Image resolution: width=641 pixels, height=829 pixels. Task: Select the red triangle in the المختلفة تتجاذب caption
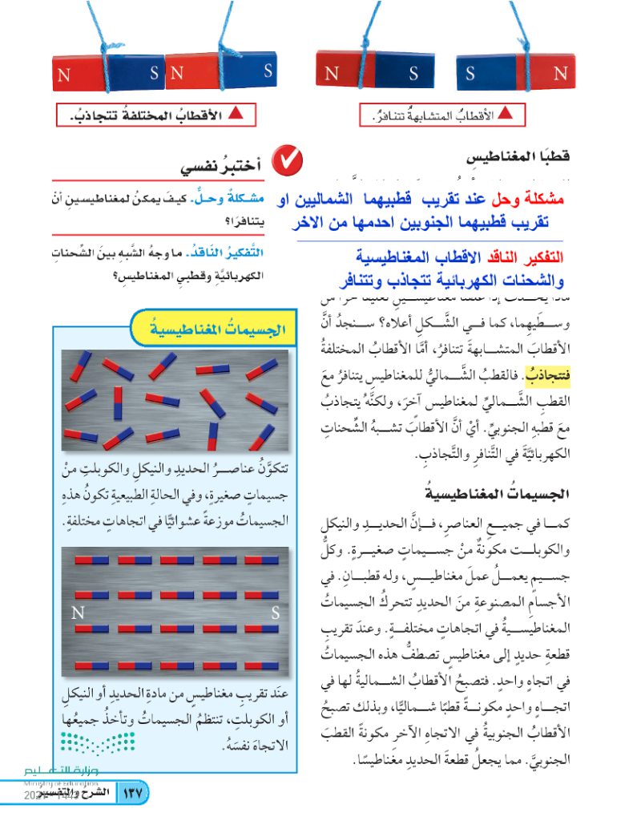(x=236, y=114)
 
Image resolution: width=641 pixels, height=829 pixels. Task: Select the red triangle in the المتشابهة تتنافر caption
(x=504, y=114)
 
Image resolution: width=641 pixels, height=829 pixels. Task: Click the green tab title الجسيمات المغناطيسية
(x=212, y=328)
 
